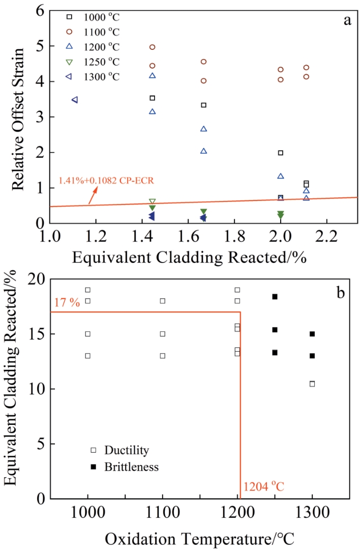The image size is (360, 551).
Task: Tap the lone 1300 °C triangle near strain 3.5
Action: [x=75, y=100]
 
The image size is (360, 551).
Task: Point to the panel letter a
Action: [x=347, y=20]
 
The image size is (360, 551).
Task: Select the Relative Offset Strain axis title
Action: [x=19, y=117]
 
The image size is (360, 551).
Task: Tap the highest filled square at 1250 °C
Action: [x=275, y=297]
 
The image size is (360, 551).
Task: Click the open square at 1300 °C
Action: [x=312, y=384]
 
